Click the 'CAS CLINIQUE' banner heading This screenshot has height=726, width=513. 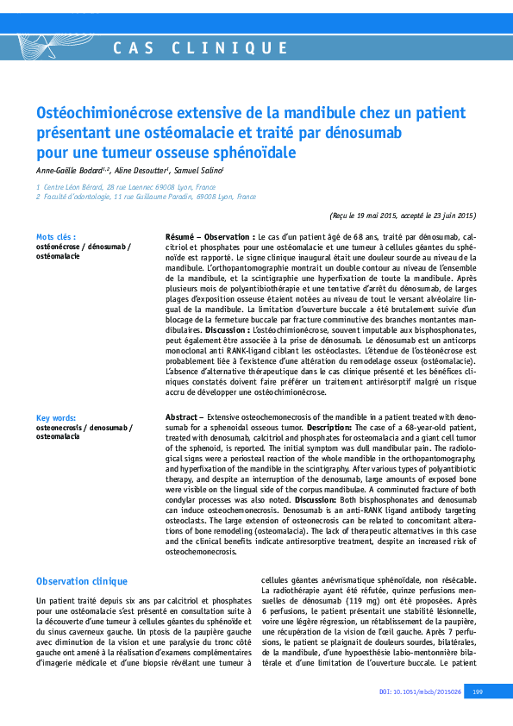(201, 48)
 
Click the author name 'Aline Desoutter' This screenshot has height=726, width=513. (142, 171)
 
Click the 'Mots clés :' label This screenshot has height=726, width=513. (56, 236)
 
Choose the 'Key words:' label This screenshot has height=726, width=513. (56, 416)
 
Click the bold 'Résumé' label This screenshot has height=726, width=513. (183, 235)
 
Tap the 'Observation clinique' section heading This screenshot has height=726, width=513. (82, 581)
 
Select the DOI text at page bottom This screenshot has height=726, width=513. (420, 692)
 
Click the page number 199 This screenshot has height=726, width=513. (477, 692)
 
